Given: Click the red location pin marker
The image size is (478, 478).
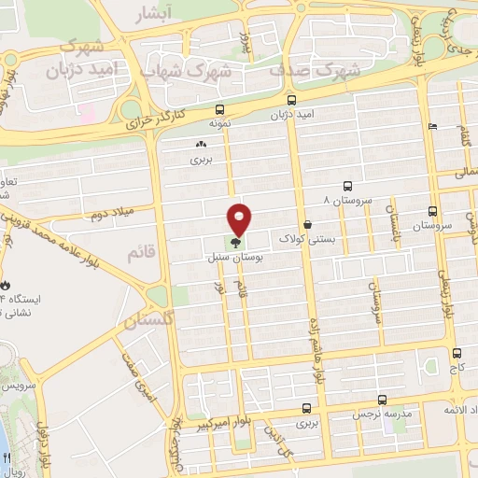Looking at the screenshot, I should (240, 219).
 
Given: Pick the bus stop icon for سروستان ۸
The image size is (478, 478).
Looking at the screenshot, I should (347, 186).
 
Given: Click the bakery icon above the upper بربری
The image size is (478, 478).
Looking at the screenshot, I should (201, 145).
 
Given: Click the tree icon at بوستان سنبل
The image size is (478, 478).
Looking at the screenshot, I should (234, 241).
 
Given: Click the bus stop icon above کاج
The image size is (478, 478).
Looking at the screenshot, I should (457, 353).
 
